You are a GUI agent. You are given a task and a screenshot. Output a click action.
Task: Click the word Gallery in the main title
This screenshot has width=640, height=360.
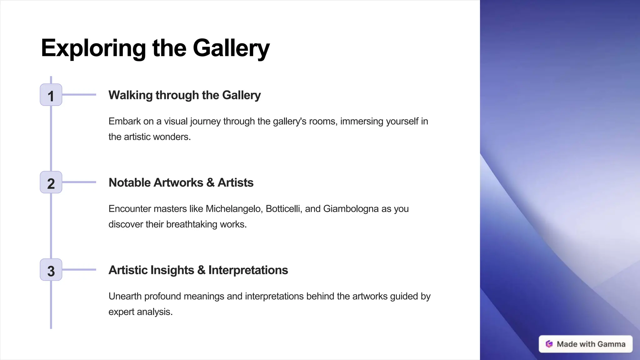point(231,48)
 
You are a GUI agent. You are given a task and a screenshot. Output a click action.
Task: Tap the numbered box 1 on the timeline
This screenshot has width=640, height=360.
point(51,95)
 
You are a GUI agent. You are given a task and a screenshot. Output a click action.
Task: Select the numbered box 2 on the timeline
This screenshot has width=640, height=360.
point(51,182)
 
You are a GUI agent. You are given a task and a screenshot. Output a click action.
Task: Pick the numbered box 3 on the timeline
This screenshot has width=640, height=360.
point(51,270)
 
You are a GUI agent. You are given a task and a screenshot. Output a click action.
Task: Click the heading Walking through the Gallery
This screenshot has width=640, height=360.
point(184,95)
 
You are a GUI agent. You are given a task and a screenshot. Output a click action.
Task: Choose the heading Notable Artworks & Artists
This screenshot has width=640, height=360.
point(181,182)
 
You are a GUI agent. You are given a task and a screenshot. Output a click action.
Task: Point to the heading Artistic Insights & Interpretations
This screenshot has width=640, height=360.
point(198,270)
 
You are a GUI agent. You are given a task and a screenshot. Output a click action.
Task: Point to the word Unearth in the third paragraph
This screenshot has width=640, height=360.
point(125,296)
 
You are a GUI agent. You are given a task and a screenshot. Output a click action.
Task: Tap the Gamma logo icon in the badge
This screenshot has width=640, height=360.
point(549,344)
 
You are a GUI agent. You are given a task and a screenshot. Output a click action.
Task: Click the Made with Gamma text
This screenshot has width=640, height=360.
point(591,344)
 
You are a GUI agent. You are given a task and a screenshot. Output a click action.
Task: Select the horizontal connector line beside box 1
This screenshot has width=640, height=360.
point(79,95)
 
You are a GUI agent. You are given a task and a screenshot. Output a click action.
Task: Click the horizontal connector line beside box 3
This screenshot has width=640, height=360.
point(79,270)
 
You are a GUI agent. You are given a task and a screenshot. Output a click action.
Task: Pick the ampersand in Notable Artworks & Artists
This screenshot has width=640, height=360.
point(210,183)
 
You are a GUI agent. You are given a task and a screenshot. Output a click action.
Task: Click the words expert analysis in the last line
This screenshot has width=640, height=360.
point(140,312)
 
